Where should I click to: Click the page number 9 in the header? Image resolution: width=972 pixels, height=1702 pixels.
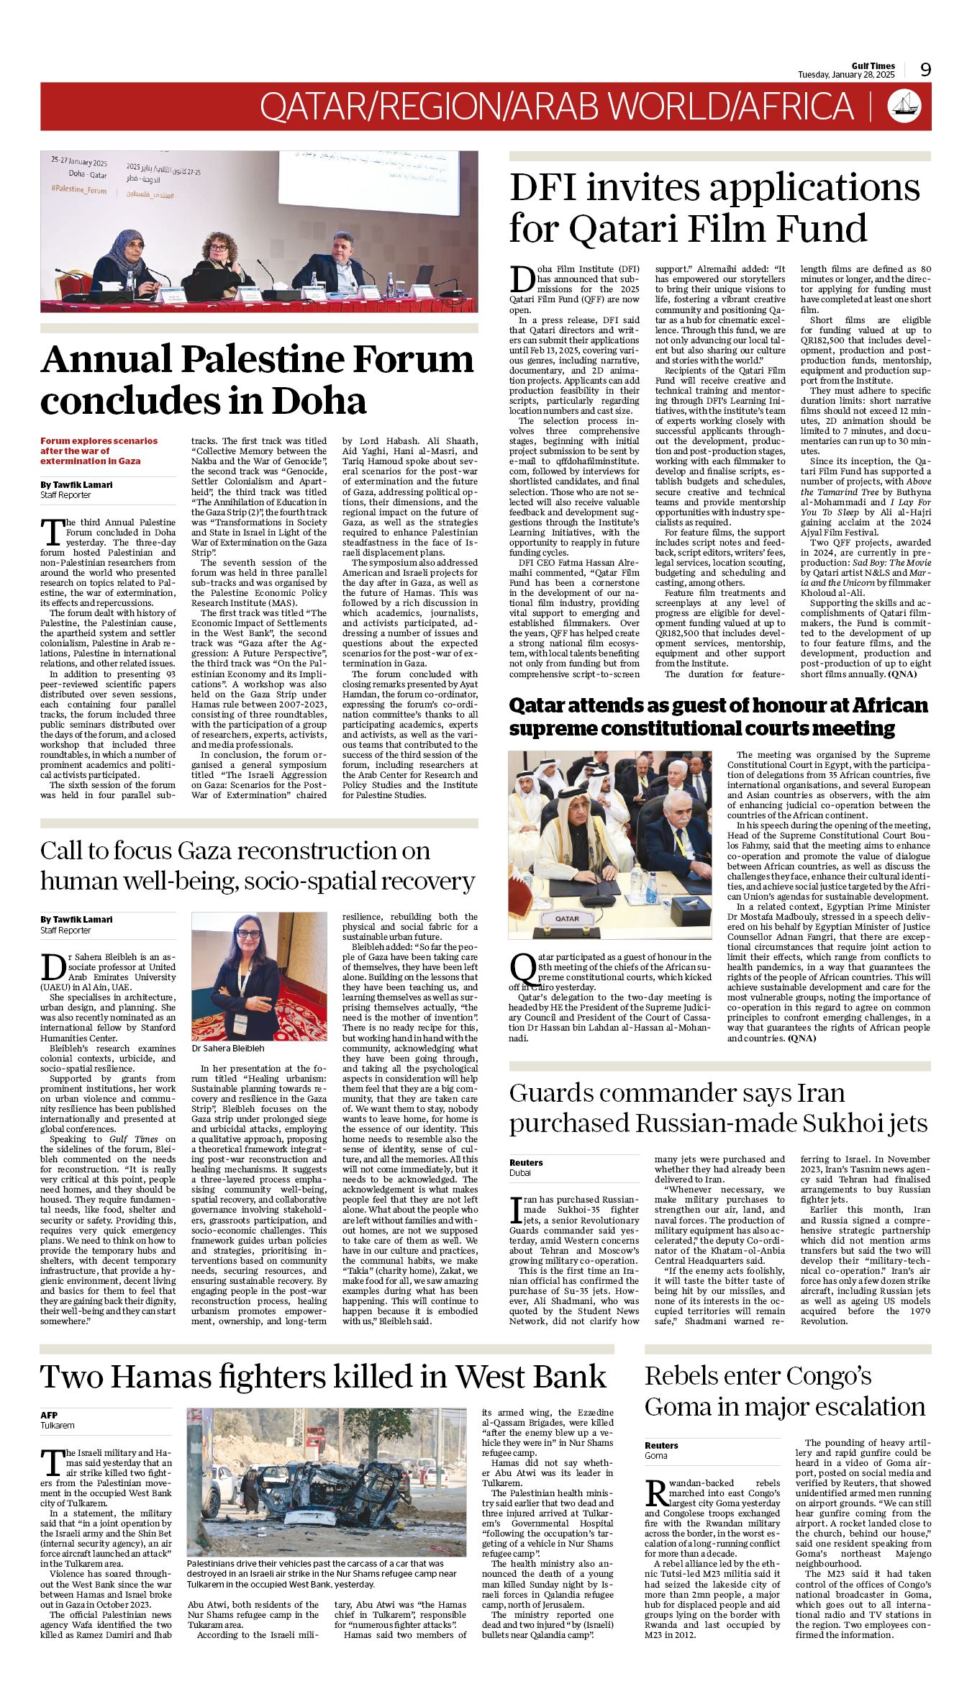(925, 69)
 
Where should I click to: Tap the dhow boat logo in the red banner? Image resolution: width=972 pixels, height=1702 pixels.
(904, 106)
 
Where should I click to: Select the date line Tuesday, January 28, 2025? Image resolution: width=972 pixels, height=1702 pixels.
(845, 75)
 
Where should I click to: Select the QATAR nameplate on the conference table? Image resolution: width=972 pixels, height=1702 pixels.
(567, 919)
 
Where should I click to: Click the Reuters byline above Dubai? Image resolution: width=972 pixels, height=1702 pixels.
(526, 1162)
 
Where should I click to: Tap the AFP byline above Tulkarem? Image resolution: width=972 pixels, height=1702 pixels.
(49, 1415)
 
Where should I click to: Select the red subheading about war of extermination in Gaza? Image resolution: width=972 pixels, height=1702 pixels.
(99, 451)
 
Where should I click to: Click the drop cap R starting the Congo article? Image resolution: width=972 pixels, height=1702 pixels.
(656, 1493)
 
